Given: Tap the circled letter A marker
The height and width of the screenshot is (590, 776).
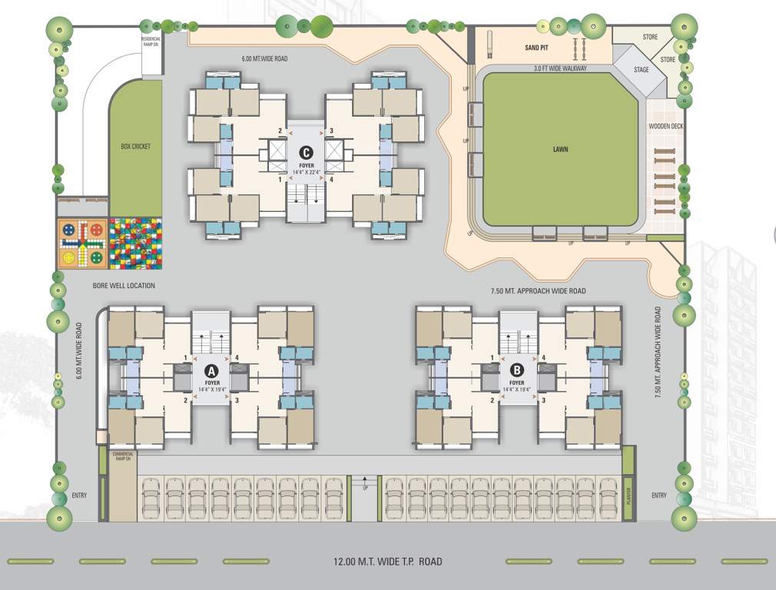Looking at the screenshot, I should (211, 370).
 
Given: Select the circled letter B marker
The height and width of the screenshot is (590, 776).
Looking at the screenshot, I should (516, 370).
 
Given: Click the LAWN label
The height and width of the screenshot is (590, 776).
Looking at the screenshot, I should (560, 149).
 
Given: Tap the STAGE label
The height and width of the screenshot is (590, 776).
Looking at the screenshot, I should (641, 70).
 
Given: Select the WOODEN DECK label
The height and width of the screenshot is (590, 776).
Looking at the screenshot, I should (665, 126).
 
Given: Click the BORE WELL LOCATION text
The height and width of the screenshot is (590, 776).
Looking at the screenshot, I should (124, 286).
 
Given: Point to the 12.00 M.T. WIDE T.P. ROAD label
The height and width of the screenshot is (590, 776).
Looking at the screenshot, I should (388, 562).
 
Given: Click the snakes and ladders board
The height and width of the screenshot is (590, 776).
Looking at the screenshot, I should (136, 244).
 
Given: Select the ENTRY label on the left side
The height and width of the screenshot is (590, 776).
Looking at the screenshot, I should (80, 496).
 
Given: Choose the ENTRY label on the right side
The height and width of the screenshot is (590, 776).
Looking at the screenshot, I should (658, 496).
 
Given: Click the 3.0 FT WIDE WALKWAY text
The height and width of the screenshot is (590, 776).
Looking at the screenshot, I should (560, 68).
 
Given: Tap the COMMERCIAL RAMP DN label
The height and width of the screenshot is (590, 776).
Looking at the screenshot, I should (123, 456).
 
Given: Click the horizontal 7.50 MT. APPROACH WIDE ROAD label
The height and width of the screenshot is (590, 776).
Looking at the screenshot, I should (538, 291).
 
